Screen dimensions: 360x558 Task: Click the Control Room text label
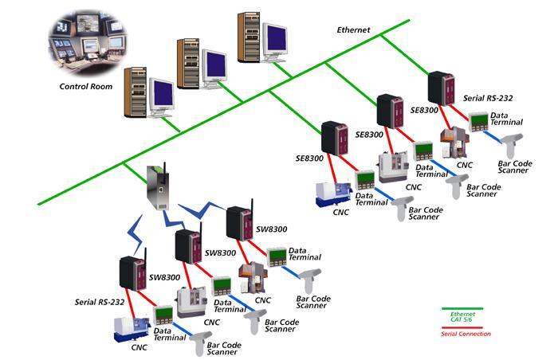85,86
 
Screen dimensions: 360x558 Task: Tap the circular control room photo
87,41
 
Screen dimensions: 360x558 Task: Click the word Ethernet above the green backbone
355,29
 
